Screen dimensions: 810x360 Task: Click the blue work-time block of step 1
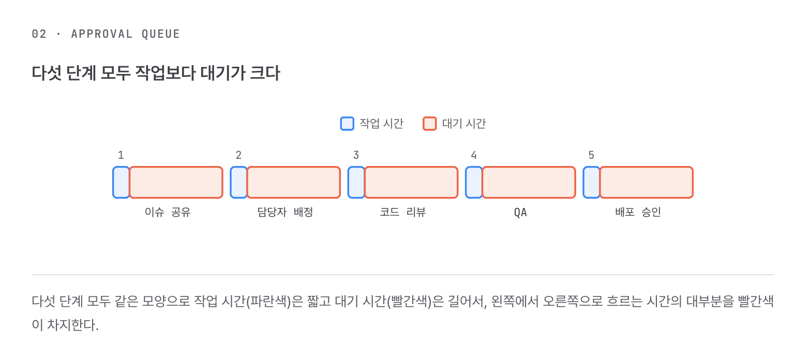point(121,182)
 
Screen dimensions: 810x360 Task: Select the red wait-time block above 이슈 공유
point(176,182)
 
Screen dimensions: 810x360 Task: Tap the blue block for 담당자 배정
point(238,182)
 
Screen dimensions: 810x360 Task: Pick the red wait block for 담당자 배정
point(294,182)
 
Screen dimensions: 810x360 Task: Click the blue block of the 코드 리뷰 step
point(356,182)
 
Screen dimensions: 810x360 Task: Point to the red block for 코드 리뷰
point(411,182)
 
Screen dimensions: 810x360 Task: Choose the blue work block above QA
point(474,182)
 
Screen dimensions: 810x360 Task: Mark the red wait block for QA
point(529,182)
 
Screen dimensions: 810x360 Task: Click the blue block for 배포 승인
point(592,182)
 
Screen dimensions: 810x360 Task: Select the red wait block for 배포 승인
point(647,182)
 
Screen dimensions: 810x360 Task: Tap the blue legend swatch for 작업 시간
point(347,124)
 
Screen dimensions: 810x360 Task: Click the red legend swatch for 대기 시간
point(430,124)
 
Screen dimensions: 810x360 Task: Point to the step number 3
point(356,155)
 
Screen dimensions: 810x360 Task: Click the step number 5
point(591,155)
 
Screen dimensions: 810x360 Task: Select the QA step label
point(520,212)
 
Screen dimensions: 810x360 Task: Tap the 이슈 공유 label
point(168,212)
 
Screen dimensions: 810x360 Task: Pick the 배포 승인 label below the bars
point(638,212)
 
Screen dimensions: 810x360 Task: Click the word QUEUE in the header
point(160,34)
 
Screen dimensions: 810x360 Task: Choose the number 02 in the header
point(39,34)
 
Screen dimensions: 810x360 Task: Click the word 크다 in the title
point(265,73)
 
